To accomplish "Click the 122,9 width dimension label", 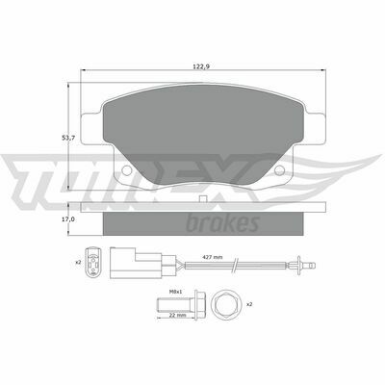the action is point(201,66).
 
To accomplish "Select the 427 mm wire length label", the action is point(213,257).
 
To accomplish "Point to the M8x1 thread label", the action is point(175,292).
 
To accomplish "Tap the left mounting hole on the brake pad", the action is point(127,169).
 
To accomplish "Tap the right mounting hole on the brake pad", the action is point(279,169).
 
